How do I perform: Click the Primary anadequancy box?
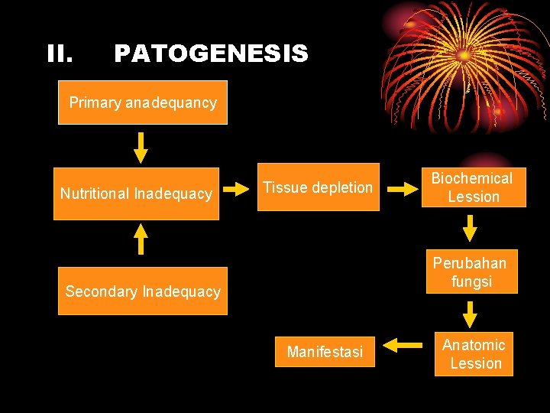pos(143,102)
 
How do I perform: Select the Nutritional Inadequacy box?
pos(136,193)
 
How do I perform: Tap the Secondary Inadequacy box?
pos(143,291)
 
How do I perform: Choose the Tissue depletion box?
pos(318,187)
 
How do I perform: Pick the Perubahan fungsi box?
pos(471,272)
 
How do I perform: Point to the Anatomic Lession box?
pos(474,354)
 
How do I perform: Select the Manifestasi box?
pos(325,352)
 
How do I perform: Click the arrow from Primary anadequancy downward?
pos(141,147)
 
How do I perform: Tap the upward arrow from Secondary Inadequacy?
pos(141,238)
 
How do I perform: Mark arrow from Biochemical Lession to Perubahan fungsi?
pos(471,228)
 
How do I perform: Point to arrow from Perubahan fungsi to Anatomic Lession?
pos(471,314)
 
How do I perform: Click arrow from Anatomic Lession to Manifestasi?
pos(403,346)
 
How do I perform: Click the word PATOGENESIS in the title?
pos(211,54)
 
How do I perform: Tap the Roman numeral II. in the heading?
pos(60,54)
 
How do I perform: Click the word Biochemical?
pos(472,178)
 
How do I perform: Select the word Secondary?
pos(96,291)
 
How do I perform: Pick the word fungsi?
pos(471,281)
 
